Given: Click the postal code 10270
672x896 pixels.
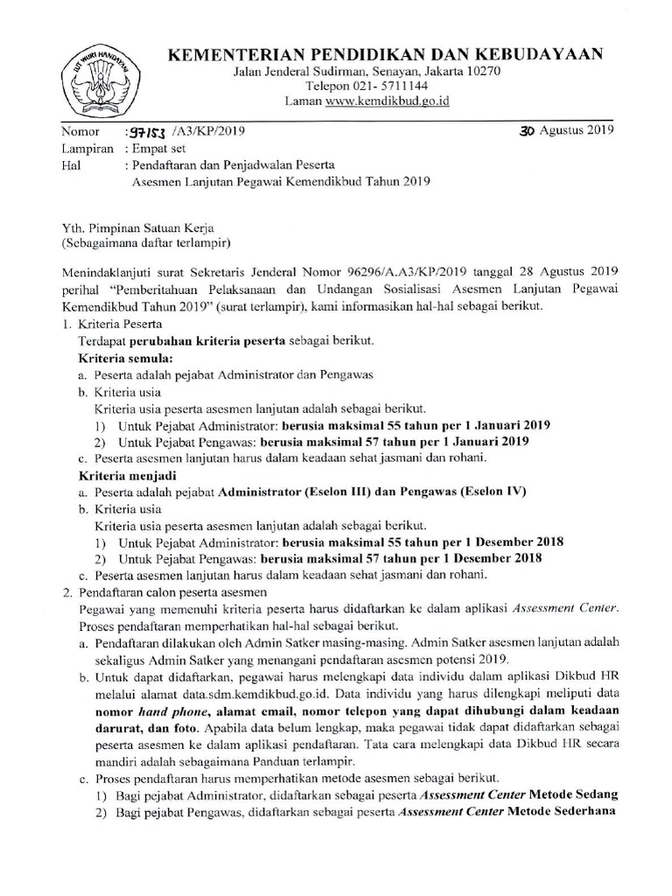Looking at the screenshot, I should point(480,72).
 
